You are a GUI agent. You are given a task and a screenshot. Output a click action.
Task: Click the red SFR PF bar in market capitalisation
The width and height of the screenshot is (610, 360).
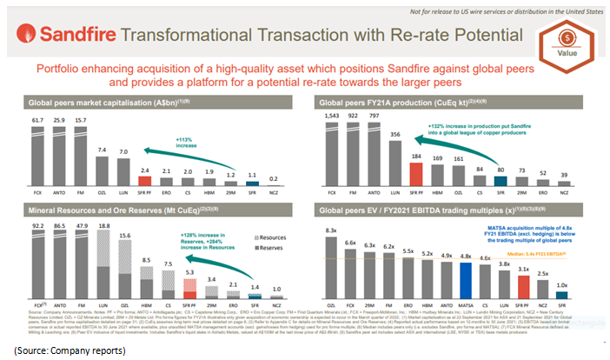point(146,170)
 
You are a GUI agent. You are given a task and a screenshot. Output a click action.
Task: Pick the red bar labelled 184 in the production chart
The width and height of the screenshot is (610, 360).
point(416,158)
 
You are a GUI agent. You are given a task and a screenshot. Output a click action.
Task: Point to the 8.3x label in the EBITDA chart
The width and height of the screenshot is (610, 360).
point(331,228)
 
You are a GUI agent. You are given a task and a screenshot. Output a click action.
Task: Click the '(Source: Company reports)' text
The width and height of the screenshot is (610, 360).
point(68,350)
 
